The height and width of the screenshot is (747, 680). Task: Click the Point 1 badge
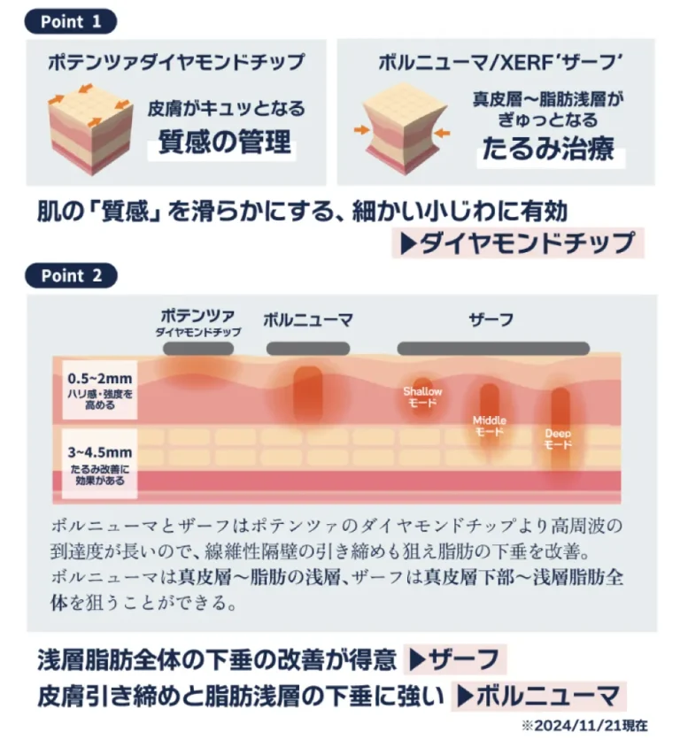(71, 21)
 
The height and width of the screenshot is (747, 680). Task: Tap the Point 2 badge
(71, 275)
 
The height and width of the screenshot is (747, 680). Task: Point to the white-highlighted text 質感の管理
(224, 142)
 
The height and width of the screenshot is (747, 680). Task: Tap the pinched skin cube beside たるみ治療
(406, 128)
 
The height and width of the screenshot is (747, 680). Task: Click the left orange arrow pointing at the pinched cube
(361, 129)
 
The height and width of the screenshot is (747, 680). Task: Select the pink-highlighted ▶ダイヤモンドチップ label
(518, 243)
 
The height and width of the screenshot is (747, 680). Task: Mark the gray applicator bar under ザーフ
(493, 348)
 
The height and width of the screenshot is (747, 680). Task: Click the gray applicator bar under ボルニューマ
(308, 348)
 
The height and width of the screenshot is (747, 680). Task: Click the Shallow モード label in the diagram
(422, 397)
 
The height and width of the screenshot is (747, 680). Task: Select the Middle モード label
(490, 426)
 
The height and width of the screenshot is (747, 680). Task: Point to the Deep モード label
(558, 439)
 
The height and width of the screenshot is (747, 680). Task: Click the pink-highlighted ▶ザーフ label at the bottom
(454, 659)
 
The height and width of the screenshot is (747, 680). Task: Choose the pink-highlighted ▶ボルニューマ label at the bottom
(538, 696)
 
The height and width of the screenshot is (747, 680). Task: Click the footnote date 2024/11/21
(577, 726)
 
